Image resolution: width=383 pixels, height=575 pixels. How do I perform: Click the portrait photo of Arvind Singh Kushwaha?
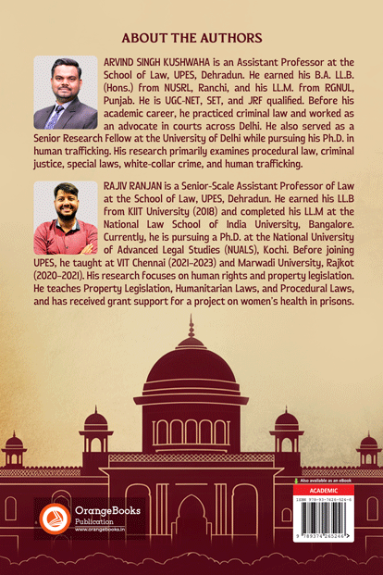[x=65, y=93]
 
